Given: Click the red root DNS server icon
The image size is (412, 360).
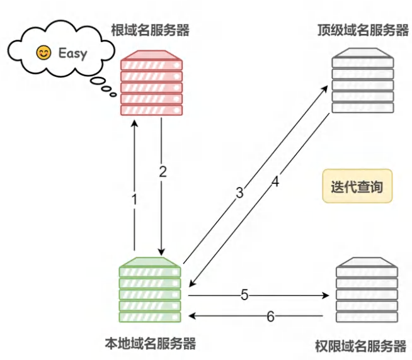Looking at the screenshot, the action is [151, 83].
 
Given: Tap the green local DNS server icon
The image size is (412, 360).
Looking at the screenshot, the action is [150, 290].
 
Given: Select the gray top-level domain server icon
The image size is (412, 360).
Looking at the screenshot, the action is [363, 81].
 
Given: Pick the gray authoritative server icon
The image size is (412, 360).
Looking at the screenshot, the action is [367, 290].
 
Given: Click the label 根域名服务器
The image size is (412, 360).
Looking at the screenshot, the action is [151, 30].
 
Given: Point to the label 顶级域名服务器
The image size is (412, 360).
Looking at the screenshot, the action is [363, 30].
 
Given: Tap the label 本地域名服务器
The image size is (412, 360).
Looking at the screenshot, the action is [151, 344].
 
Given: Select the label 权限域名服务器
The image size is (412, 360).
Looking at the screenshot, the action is [361, 346].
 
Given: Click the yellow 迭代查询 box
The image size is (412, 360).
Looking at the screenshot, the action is [357, 186].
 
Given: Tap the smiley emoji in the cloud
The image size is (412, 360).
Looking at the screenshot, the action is [43, 53].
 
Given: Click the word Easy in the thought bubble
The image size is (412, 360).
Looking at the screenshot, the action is [72, 53].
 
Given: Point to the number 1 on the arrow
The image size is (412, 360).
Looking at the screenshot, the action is [134, 200].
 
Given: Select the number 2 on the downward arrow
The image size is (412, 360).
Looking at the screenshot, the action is [163, 172].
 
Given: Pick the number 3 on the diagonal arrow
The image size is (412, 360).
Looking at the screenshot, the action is [239, 193].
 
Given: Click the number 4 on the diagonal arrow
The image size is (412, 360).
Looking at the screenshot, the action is [275, 182].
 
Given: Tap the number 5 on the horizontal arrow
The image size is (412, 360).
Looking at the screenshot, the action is [244, 295].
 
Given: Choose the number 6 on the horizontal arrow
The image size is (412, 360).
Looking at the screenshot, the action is [271, 317].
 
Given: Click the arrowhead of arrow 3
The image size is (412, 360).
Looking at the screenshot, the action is [325, 89].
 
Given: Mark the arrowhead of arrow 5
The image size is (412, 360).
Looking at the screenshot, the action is [326, 296].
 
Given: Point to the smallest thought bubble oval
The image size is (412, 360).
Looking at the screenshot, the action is [113, 94].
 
